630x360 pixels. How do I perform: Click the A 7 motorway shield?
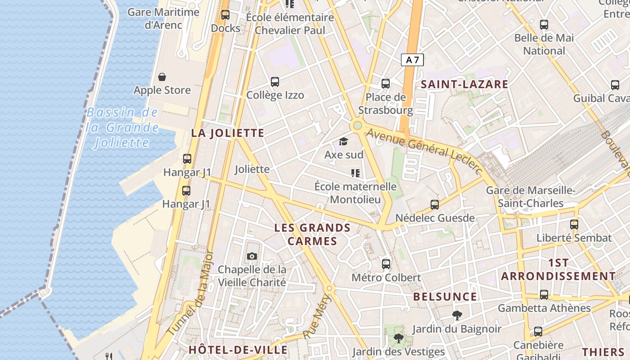tap(412, 59)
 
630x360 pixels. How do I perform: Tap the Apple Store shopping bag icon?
tap(162, 77)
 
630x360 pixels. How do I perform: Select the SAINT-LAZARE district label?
tap(464, 84)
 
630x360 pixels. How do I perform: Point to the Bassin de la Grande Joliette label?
tap(122, 128)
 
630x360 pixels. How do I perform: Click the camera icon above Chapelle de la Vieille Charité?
tap(252, 256)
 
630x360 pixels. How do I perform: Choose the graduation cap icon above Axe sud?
tap(344, 142)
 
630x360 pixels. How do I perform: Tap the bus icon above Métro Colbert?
tap(386, 264)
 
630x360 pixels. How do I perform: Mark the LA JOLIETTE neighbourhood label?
tap(228, 133)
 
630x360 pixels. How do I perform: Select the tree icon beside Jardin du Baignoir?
tap(457, 315)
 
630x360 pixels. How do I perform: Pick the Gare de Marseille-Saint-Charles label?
tap(531, 197)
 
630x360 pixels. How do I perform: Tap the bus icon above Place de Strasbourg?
tap(386, 83)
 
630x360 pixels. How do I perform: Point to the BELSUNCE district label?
tap(445, 297)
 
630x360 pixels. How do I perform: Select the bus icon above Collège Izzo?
tap(275, 82)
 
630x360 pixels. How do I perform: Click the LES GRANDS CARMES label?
tap(312, 234)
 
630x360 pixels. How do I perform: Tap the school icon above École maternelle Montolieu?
tap(355, 173)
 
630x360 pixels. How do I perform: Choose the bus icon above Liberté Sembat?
tap(574, 224)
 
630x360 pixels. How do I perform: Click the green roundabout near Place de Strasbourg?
tap(357, 125)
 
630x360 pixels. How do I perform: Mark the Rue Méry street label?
tap(318, 317)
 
